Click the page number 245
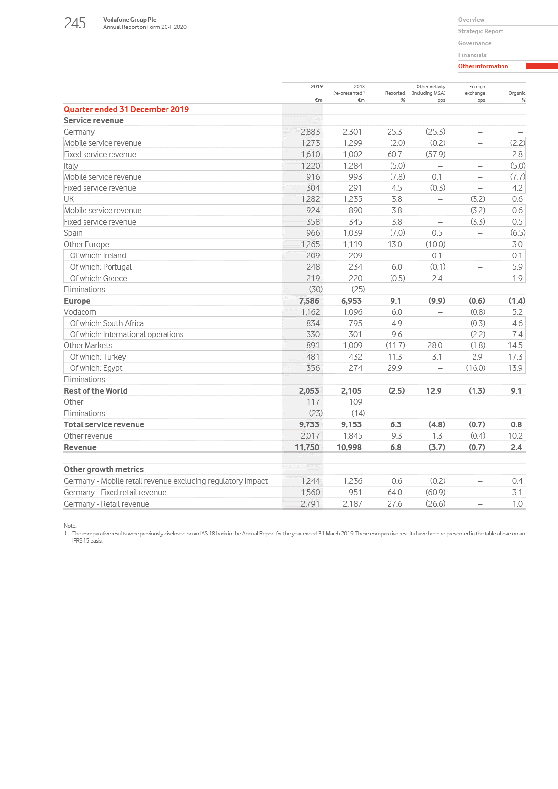coord(75,23)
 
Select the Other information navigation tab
coord(483,66)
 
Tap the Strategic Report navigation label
coord(480,31)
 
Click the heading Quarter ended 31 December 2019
coord(126,109)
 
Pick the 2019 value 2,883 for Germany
coord(310,132)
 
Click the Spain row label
coord(73,233)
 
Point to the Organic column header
coord(517,93)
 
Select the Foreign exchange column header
coord(475,90)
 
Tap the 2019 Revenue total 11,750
coord(307,447)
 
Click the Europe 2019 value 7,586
coord(309,301)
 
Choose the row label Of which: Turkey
coord(98,357)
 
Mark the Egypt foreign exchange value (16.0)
coord(475,368)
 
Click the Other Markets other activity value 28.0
coord(435,345)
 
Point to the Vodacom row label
coord(80,312)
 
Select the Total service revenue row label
coord(104,424)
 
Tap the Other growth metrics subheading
coord(104,469)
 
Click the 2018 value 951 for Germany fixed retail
coord(355,492)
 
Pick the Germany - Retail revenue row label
coord(107,504)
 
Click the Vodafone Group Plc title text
coord(130,20)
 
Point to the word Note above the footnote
coord(70,526)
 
